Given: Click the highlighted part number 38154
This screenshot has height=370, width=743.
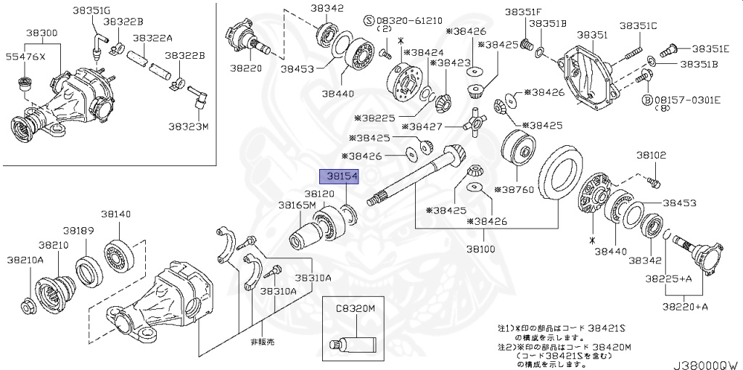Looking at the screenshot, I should tap(342, 176).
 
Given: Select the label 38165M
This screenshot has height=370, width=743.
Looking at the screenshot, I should tap(295, 205).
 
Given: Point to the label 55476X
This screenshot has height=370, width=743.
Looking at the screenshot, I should tap(25, 56).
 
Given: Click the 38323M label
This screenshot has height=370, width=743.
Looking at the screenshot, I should tap(189, 126).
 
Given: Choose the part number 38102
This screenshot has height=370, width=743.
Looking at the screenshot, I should tap(651, 155).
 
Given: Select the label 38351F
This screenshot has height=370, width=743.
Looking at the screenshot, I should tap(523, 12).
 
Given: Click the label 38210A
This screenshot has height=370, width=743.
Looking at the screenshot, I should tap(25, 258).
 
